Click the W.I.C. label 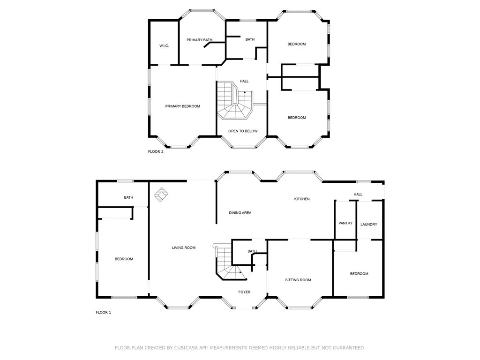tap(164, 45)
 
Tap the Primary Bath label tap(200, 40)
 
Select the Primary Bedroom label tap(182, 106)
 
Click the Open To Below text tap(243, 131)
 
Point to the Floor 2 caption tap(156, 151)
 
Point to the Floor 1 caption tap(103, 312)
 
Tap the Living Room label tap(183, 247)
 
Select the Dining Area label tap(240, 213)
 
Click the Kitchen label tap(302, 199)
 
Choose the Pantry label tap(345, 223)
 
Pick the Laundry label tap(369, 225)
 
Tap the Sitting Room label tap(298, 280)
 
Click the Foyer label tap(244, 292)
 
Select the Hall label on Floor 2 tap(244, 81)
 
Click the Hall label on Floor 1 tap(358, 195)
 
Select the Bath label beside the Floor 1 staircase tap(252, 251)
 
